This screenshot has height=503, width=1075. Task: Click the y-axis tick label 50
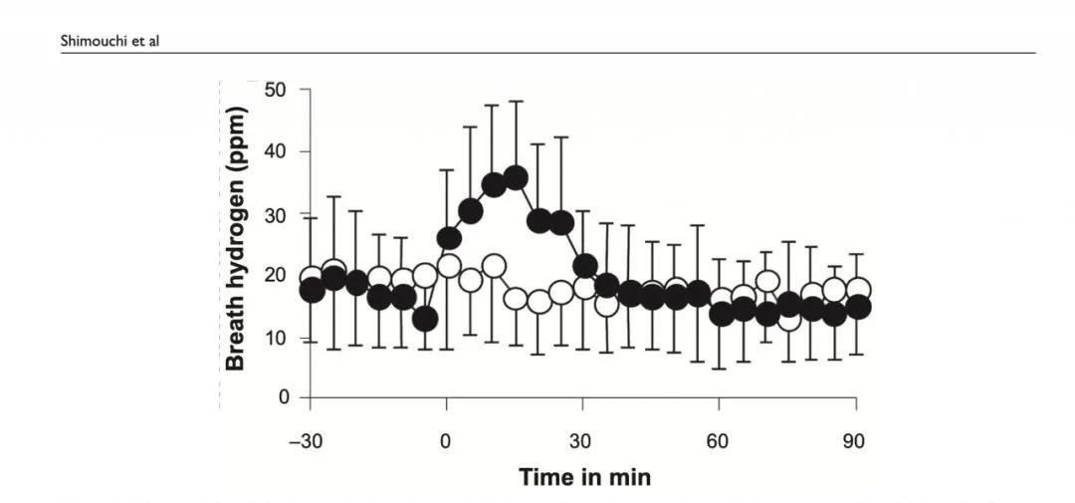276,90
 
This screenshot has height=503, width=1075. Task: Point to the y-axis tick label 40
276,151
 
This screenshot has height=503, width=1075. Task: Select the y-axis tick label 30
276,214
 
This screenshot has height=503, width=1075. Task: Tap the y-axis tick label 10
276,338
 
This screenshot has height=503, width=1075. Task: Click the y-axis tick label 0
283,398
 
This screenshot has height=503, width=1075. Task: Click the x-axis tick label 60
719,441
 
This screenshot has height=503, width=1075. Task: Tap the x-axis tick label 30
582,441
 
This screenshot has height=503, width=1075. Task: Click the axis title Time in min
584,477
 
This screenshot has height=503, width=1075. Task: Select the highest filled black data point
516,178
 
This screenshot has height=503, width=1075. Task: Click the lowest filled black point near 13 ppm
425,319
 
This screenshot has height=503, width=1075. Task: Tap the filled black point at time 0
448,238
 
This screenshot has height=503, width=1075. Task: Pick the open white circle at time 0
448,266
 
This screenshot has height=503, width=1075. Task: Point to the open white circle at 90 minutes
858,290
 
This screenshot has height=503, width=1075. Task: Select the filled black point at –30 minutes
312,290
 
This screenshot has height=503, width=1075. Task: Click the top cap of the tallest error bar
516,101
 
